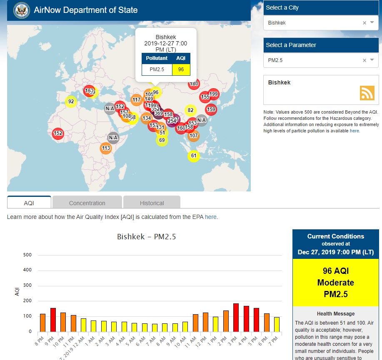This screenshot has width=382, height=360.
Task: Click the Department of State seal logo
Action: click(x=21, y=10)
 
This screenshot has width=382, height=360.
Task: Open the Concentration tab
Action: click(x=87, y=203)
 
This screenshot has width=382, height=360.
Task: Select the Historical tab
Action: click(x=152, y=203)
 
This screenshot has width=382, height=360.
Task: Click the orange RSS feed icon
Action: click(x=367, y=93)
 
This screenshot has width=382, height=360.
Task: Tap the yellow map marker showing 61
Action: click(x=193, y=156)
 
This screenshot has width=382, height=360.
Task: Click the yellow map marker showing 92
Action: click(x=71, y=102)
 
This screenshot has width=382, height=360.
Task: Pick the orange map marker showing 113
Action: click(x=106, y=148)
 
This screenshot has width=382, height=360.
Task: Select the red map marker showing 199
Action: click(x=213, y=94)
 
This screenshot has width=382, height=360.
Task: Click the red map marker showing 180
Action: click(x=194, y=84)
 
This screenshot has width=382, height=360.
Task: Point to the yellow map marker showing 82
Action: click(x=190, y=110)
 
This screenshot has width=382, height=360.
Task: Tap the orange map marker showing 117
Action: click(x=137, y=100)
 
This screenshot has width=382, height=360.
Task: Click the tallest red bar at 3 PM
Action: click(x=236, y=318)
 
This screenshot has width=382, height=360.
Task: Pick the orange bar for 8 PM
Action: click(x=42, y=323)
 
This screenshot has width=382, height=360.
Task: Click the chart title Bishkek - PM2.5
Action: click(x=146, y=237)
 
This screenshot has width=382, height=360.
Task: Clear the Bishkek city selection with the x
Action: click(x=364, y=23)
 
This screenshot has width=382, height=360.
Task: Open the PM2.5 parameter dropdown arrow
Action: click(x=372, y=60)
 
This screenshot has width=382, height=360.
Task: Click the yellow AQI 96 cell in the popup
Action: click(x=181, y=70)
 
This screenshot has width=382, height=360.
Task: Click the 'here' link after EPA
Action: click(x=210, y=217)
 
